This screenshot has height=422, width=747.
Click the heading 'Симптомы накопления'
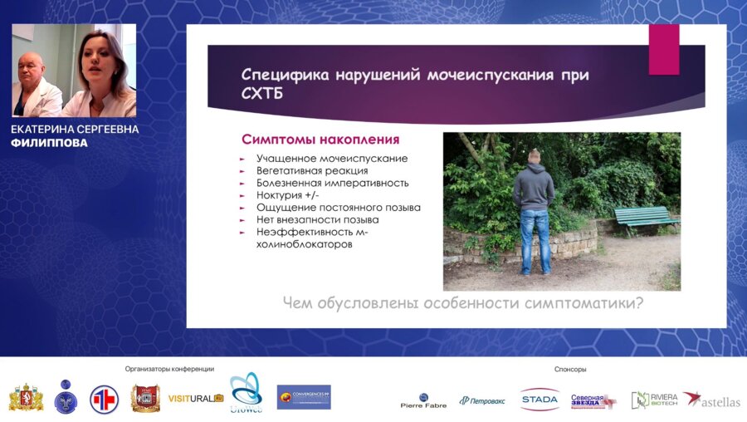tap(320, 140)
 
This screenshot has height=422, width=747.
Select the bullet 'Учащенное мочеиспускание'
tap(332, 159)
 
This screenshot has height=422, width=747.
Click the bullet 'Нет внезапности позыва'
tap(317, 220)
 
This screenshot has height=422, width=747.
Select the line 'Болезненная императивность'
tap(332, 183)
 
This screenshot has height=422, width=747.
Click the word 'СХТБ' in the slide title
tap(261, 94)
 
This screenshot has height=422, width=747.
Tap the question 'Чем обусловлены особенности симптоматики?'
tap(463, 303)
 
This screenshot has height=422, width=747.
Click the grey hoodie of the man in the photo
tap(533, 187)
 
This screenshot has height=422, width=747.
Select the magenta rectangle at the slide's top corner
tap(664, 49)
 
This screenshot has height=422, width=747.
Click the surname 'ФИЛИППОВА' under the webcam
tap(49, 143)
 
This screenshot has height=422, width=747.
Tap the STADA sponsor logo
tap(539, 400)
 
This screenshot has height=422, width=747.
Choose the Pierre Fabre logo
tap(423, 401)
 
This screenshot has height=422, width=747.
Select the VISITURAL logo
tap(196, 398)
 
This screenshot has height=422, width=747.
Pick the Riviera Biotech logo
tap(654, 400)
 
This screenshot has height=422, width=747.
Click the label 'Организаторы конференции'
tap(169, 369)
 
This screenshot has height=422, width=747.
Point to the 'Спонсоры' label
tap(570, 369)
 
